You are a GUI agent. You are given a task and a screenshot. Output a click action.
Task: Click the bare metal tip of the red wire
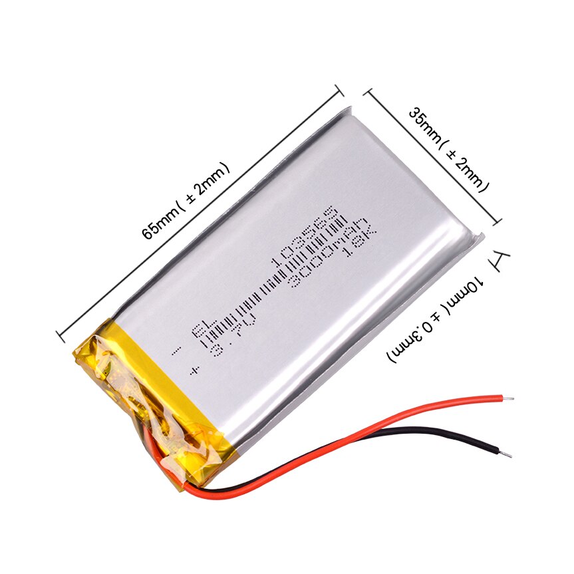(x=509, y=399)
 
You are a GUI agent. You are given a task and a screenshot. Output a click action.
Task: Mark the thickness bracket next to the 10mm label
(x=500, y=261)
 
